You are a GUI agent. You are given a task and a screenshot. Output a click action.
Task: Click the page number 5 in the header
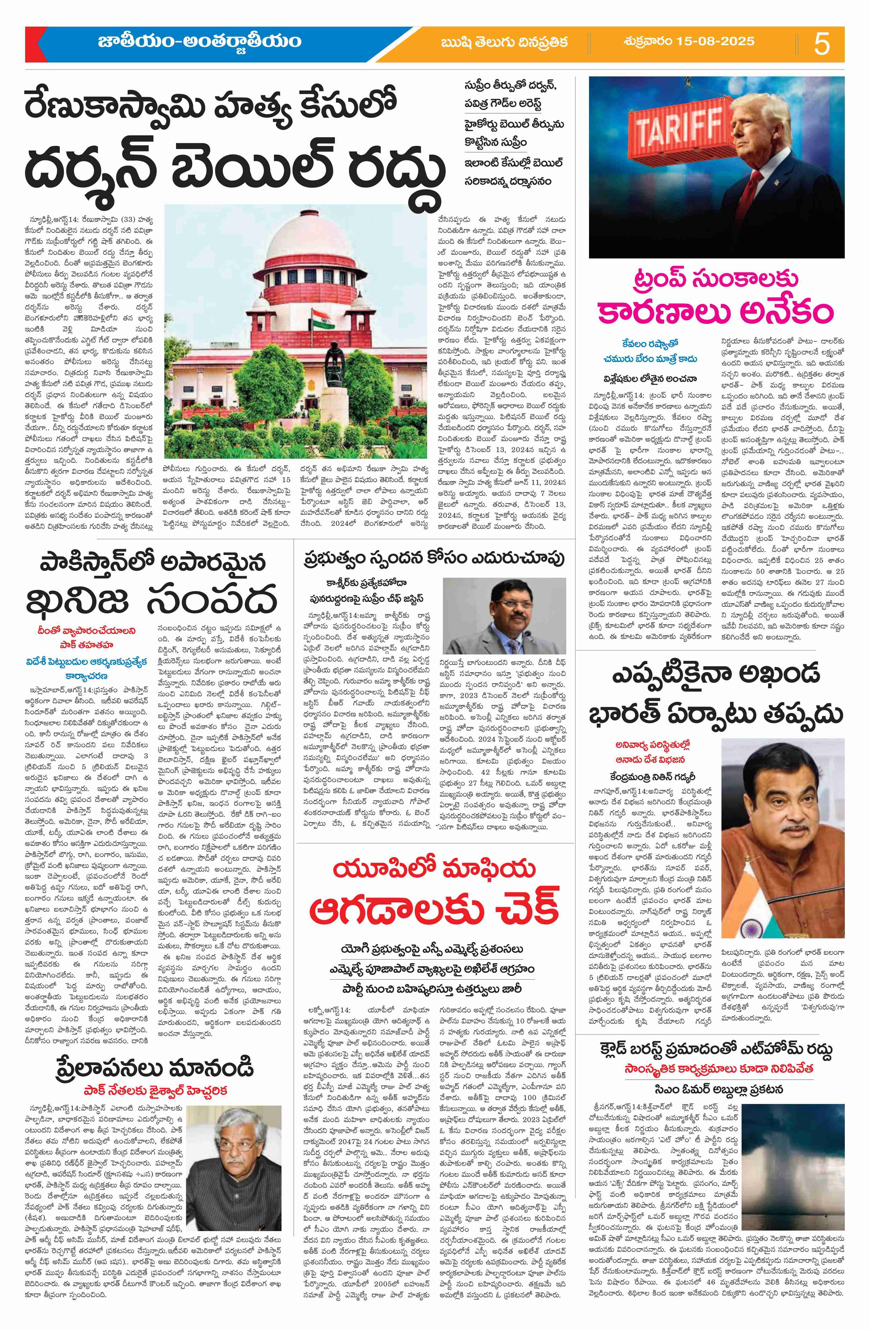click(x=821, y=44)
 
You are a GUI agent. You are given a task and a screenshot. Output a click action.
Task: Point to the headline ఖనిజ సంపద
click(x=152, y=598)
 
